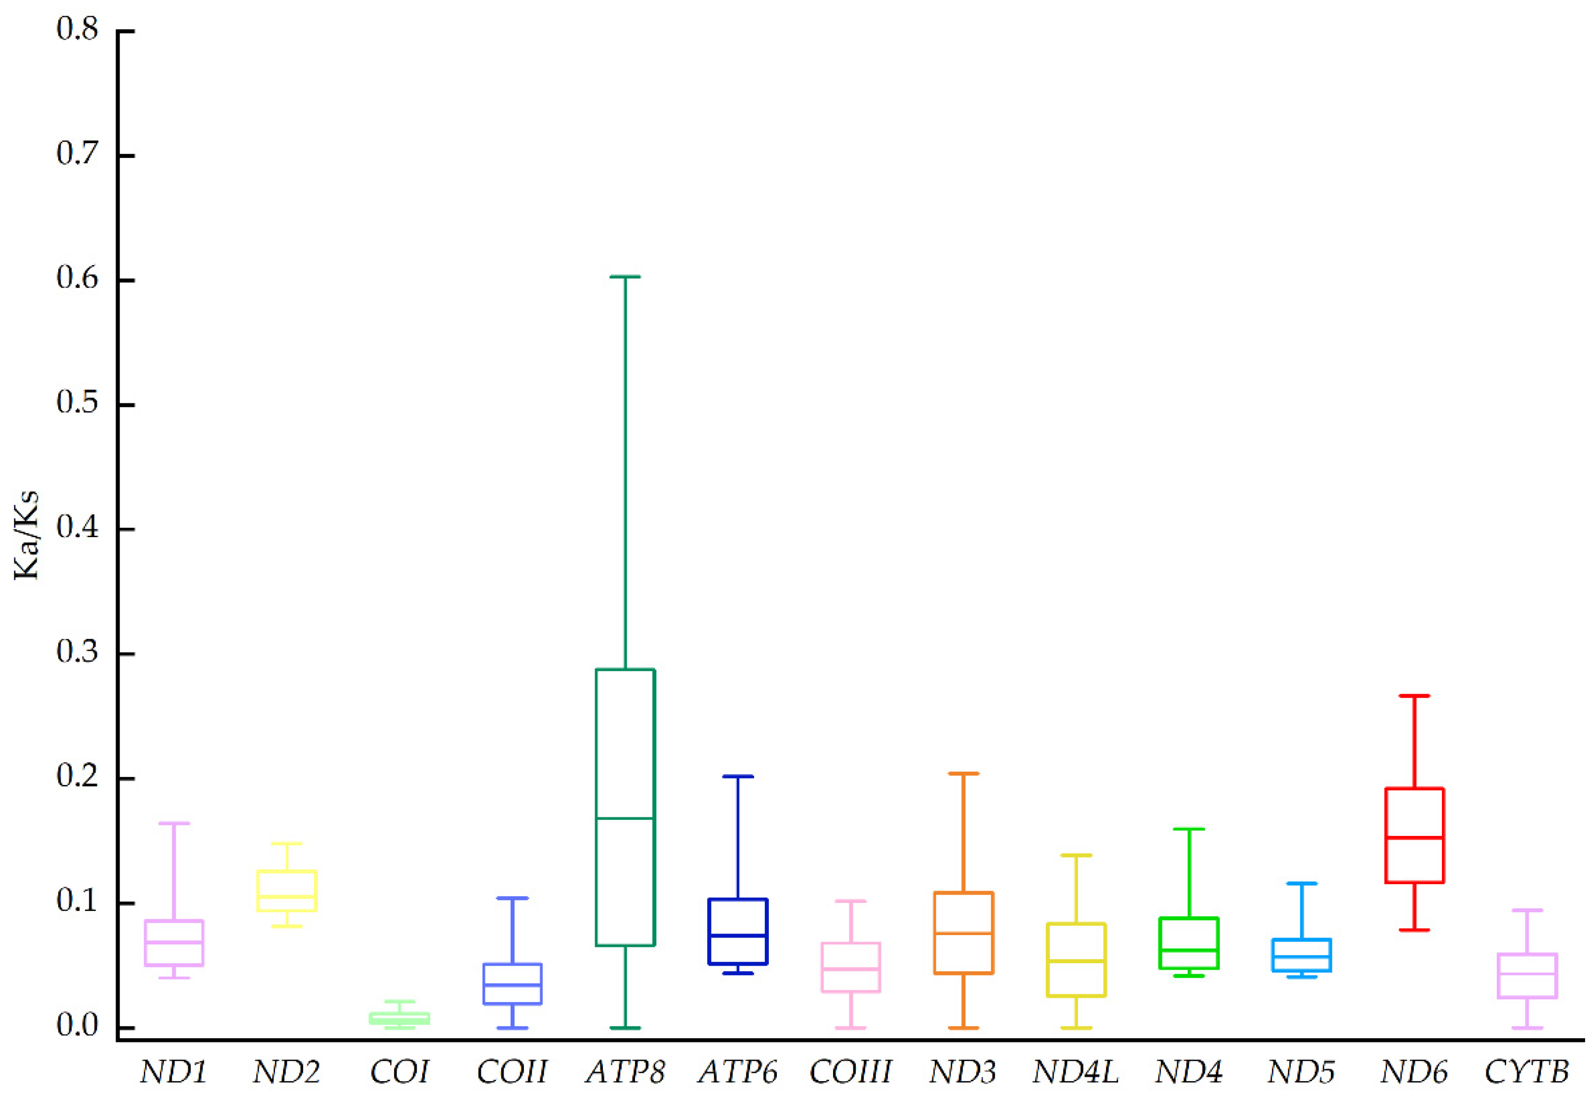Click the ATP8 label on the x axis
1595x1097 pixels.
(x=625, y=1071)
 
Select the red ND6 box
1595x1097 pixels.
(x=1414, y=835)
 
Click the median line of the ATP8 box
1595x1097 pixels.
(x=625, y=818)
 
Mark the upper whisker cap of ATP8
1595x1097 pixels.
(x=625, y=276)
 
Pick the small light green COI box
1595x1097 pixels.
(x=399, y=1018)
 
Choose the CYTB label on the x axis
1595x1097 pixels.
(x=1526, y=1071)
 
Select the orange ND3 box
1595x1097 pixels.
(x=963, y=933)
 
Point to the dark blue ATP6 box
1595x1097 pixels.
(x=738, y=931)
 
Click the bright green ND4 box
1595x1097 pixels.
(x=1189, y=943)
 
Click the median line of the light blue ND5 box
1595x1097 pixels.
(x=1302, y=956)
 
